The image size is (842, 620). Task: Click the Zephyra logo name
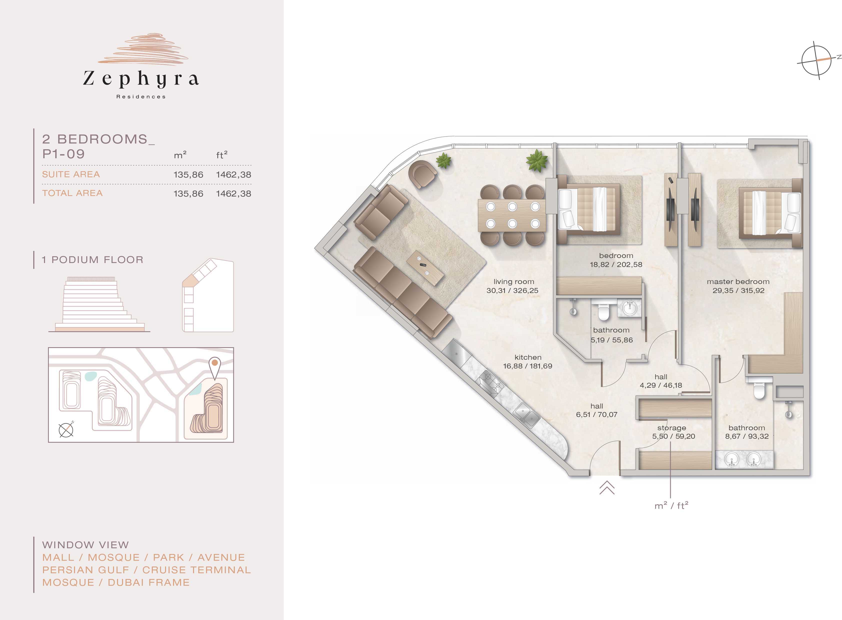tap(141, 79)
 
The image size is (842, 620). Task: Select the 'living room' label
tap(514, 281)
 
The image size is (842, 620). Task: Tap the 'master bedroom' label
tap(738, 281)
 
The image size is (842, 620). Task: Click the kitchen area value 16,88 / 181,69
tap(527, 366)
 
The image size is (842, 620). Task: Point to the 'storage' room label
tap(671, 428)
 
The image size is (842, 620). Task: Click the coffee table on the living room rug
tap(425, 268)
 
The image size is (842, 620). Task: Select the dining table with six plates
tap(512, 215)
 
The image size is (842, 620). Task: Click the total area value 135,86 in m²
tap(188, 194)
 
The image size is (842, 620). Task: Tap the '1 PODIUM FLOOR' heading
tap(92, 260)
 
